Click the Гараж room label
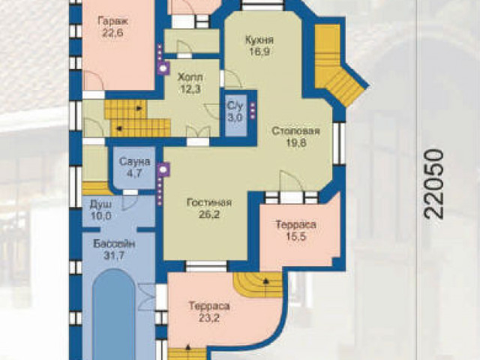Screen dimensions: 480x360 point(113,22)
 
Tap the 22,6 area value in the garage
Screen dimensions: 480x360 point(113,33)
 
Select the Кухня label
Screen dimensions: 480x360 point(259,40)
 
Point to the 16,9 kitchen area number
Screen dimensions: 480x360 point(259,52)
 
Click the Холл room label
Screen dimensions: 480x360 point(190,76)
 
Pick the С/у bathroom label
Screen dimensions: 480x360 point(235,106)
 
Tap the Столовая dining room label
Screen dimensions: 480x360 point(295,131)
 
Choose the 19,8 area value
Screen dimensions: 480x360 point(296,142)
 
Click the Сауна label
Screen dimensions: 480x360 point(135,162)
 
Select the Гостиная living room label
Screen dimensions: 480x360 point(209,202)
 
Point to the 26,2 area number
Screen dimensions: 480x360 point(209,214)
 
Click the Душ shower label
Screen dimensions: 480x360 point(100,205)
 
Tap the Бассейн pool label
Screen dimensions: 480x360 point(114,244)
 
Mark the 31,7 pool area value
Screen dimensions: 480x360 point(114,255)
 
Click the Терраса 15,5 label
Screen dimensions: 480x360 point(295,230)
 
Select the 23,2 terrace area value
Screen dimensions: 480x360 point(209,318)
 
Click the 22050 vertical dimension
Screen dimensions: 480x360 point(433,184)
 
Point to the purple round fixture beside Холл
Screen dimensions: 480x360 point(163,68)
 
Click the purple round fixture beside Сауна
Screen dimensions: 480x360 point(163,169)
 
